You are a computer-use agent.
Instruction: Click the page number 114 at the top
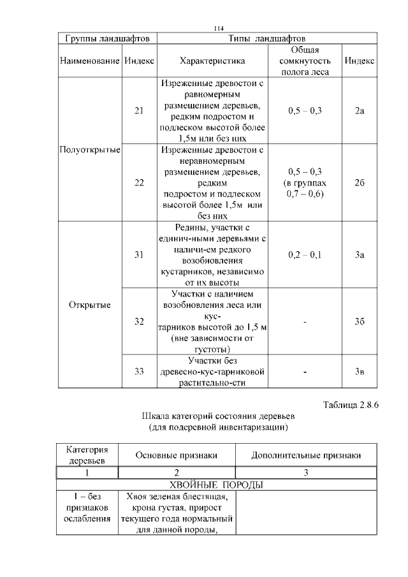tap(219, 29)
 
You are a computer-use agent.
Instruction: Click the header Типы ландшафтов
tap(266, 39)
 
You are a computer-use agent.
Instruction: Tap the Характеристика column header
tap(212, 61)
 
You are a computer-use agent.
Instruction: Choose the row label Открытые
tap(90, 304)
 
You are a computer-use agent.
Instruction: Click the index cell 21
tap(140, 111)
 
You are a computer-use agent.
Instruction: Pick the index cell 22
tap(140, 183)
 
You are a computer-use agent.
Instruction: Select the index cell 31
tap(140, 255)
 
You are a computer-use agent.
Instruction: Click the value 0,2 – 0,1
tap(305, 255)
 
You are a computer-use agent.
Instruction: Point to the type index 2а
tap(360, 111)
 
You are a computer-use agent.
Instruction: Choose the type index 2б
tap(360, 183)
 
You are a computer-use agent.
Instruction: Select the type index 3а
tap(360, 255)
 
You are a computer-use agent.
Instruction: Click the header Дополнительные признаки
tap(306, 455)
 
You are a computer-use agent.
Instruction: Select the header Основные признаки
tap(177, 455)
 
